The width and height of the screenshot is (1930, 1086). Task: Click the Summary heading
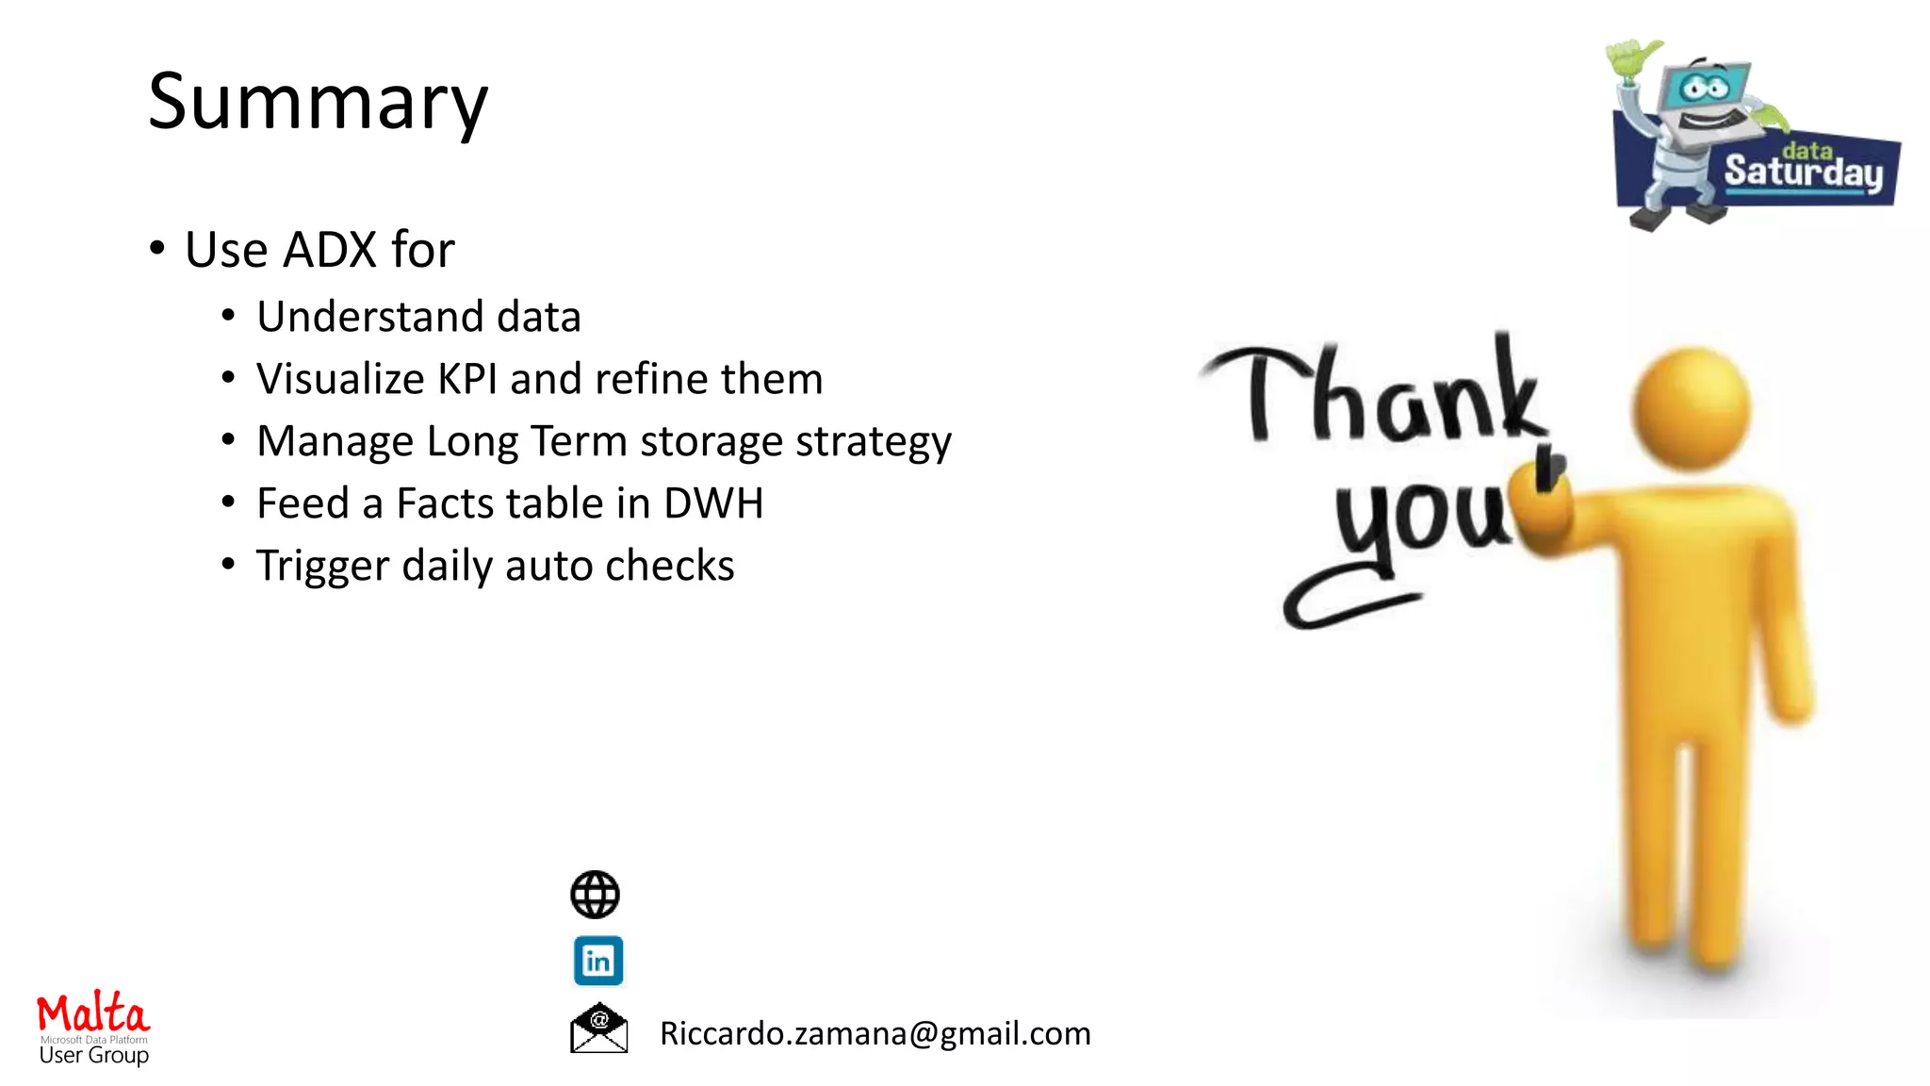(318, 102)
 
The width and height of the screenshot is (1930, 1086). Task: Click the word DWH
(712, 503)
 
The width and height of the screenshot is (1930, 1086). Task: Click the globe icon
(595, 895)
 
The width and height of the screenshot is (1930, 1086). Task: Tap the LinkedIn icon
(598, 961)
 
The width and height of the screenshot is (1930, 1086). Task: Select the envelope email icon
(598, 1028)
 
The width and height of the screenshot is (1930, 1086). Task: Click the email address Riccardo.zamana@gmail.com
(875, 1033)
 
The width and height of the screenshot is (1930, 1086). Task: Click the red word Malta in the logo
(92, 1013)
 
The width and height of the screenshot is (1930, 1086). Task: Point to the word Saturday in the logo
(1803, 173)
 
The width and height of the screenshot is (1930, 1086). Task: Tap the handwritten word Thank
(1376, 396)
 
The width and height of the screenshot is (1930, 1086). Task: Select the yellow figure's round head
(1692, 407)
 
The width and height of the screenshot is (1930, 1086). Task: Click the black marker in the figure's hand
(1546, 468)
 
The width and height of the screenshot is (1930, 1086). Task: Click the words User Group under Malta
(93, 1056)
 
